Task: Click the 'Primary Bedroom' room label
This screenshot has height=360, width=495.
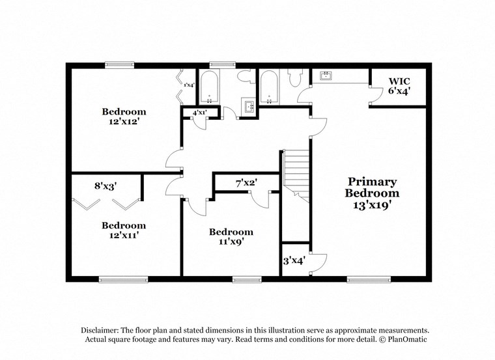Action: pyautogui.click(x=372, y=193)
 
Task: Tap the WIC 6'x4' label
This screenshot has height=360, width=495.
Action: pyautogui.click(x=399, y=87)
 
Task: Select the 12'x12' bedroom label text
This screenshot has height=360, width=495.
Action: pyautogui.click(x=124, y=117)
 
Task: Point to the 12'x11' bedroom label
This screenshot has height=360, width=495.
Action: pyautogui.click(x=124, y=230)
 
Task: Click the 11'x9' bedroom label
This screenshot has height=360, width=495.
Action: pyautogui.click(x=231, y=236)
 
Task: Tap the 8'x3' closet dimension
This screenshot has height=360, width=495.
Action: pyautogui.click(x=106, y=186)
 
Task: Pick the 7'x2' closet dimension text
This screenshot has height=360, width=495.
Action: pyautogui.click(x=247, y=184)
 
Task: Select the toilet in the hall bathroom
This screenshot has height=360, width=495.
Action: pyautogui.click(x=246, y=77)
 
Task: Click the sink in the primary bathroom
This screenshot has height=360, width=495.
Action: pyautogui.click(x=325, y=77)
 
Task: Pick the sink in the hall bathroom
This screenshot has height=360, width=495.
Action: pyautogui.click(x=248, y=105)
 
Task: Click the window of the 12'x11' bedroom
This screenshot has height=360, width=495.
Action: pyautogui.click(x=123, y=279)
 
